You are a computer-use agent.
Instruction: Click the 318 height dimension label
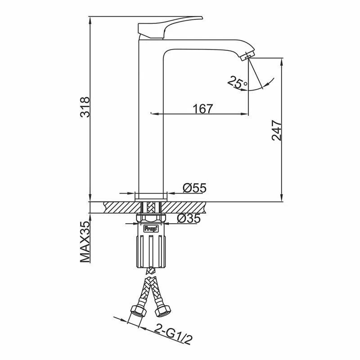coord(85,107)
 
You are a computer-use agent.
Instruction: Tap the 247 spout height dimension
coord(276,130)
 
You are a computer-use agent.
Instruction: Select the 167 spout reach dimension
coord(203,108)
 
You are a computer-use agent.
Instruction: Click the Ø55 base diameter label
coord(195,188)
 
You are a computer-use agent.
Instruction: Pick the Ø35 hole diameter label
coord(189,218)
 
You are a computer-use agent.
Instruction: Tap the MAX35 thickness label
coord(85,242)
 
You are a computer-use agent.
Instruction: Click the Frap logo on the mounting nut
coord(151,229)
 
